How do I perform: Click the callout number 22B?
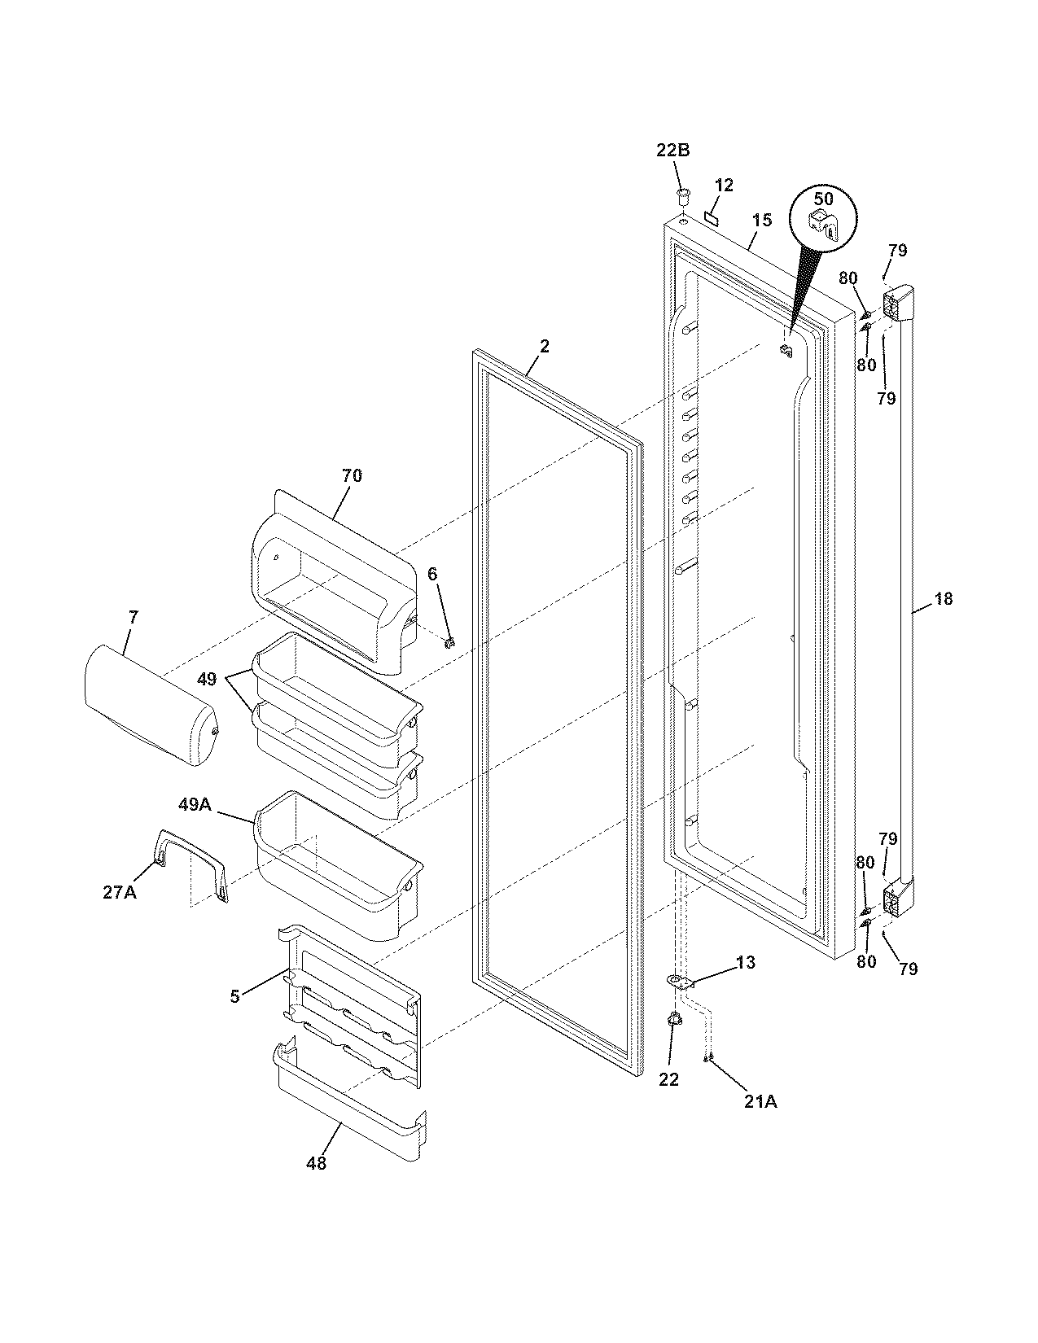tap(673, 151)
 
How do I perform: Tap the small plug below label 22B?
tap(682, 195)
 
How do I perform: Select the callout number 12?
tap(724, 186)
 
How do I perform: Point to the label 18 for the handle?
tap(943, 600)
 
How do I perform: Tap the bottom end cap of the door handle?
tap(899, 898)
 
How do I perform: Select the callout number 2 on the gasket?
tap(545, 346)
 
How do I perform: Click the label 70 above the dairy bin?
tap(352, 475)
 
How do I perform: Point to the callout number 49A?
tap(195, 805)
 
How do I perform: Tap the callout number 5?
tap(234, 996)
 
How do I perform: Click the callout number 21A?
tap(760, 1101)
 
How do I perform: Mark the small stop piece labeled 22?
tap(673, 1020)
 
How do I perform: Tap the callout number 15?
tap(761, 220)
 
